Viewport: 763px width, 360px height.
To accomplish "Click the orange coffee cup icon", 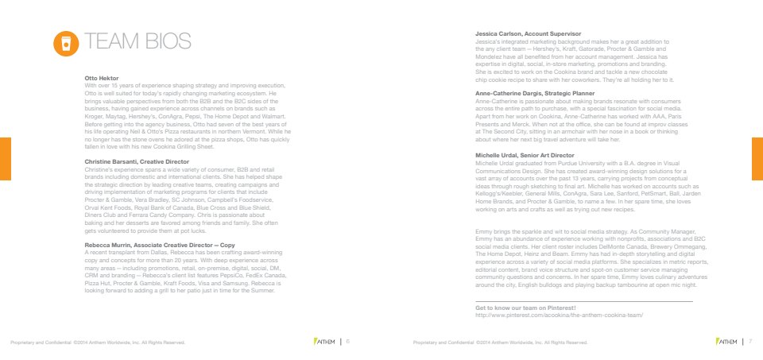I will click(66, 43).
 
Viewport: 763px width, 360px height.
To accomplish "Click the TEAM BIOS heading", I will click(140, 42).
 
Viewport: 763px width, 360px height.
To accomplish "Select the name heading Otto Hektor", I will click(101, 78).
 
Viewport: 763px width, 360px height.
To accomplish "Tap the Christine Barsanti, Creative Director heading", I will click(137, 161).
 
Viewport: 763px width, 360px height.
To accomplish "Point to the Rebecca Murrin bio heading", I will click(159, 245).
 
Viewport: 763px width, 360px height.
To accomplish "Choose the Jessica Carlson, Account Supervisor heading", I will click(528, 34).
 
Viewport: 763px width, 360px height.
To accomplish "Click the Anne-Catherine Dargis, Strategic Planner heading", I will click(539, 93).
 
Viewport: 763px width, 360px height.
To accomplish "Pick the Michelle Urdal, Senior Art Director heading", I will click(525, 155).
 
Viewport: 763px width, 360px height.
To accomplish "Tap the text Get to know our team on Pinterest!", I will click(525, 308).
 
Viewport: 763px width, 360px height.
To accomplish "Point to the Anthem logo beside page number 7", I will click(726, 343).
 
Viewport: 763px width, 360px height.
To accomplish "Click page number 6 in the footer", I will click(348, 343).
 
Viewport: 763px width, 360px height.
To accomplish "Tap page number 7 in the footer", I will click(750, 343).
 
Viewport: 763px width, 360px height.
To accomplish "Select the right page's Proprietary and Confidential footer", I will click(500, 343).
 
